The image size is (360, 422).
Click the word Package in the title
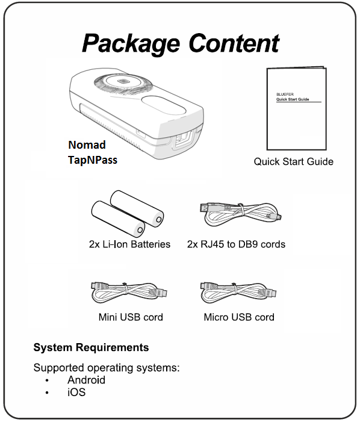pyautogui.click(x=131, y=44)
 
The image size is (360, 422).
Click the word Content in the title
pyautogui.click(x=234, y=43)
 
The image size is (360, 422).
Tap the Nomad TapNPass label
pyautogui.click(x=93, y=152)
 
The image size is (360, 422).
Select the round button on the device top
pyautogui.click(x=123, y=81)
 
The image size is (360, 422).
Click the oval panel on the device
pyautogui.click(x=163, y=105)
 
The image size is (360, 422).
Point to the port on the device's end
pyautogui.click(x=183, y=139)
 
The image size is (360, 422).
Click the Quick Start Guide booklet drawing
pyautogui.click(x=297, y=108)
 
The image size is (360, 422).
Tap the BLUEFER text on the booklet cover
pyautogui.click(x=285, y=95)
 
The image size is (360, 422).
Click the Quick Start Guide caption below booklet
pyautogui.click(x=294, y=162)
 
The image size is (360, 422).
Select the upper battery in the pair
pyautogui.click(x=137, y=208)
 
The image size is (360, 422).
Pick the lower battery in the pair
pyautogui.click(x=118, y=219)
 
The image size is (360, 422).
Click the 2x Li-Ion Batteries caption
pyautogui.click(x=129, y=244)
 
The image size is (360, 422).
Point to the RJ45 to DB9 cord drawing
pyautogui.click(x=241, y=214)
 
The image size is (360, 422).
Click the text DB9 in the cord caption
pyautogui.click(x=248, y=244)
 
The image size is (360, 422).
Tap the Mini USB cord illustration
pyautogui.click(x=129, y=293)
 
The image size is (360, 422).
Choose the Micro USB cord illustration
pyautogui.click(x=238, y=293)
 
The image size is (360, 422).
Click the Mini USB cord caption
pyautogui.click(x=131, y=317)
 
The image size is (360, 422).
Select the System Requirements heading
pyautogui.click(x=91, y=347)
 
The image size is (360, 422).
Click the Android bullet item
pyautogui.click(x=86, y=380)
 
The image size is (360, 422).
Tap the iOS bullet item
pyautogui.click(x=76, y=393)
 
